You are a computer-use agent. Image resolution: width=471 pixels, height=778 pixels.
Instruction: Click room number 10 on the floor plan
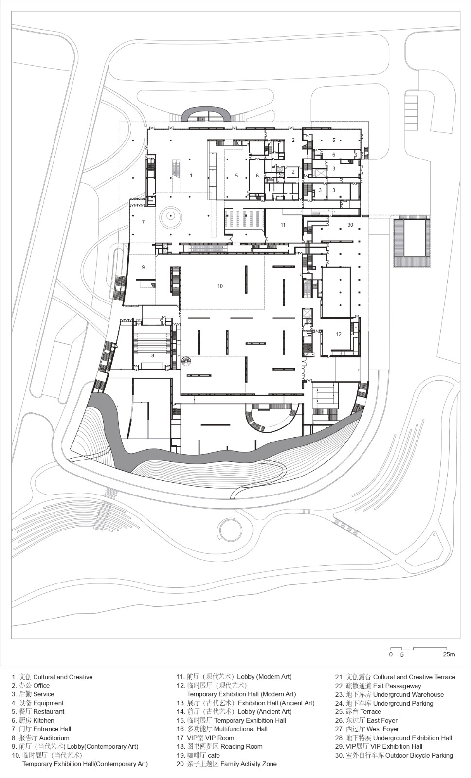(x=220, y=286)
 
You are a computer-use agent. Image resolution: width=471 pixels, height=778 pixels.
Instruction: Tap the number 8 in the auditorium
(x=152, y=356)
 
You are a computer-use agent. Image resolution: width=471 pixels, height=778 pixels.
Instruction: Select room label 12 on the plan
(x=339, y=334)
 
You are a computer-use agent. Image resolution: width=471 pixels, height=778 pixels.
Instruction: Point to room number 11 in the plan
(x=283, y=225)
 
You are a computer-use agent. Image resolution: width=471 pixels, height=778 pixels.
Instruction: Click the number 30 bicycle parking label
(x=350, y=225)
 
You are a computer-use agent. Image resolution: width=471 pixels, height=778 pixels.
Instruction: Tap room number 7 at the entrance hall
(x=143, y=222)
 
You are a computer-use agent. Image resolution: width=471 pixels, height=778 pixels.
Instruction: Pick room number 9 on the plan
(x=143, y=267)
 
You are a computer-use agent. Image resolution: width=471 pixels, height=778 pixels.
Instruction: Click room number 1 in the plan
(x=191, y=176)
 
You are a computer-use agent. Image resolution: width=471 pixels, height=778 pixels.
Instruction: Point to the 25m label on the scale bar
(x=449, y=654)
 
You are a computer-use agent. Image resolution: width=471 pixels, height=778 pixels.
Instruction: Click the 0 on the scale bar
(x=391, y=654)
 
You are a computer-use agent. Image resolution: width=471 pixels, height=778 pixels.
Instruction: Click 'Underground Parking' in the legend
(x=403, y=703)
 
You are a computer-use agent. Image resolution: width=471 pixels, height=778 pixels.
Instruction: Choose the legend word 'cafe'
(x=214, y=755)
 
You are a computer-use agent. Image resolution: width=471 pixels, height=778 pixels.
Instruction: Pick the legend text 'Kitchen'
(x=44, y=720)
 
